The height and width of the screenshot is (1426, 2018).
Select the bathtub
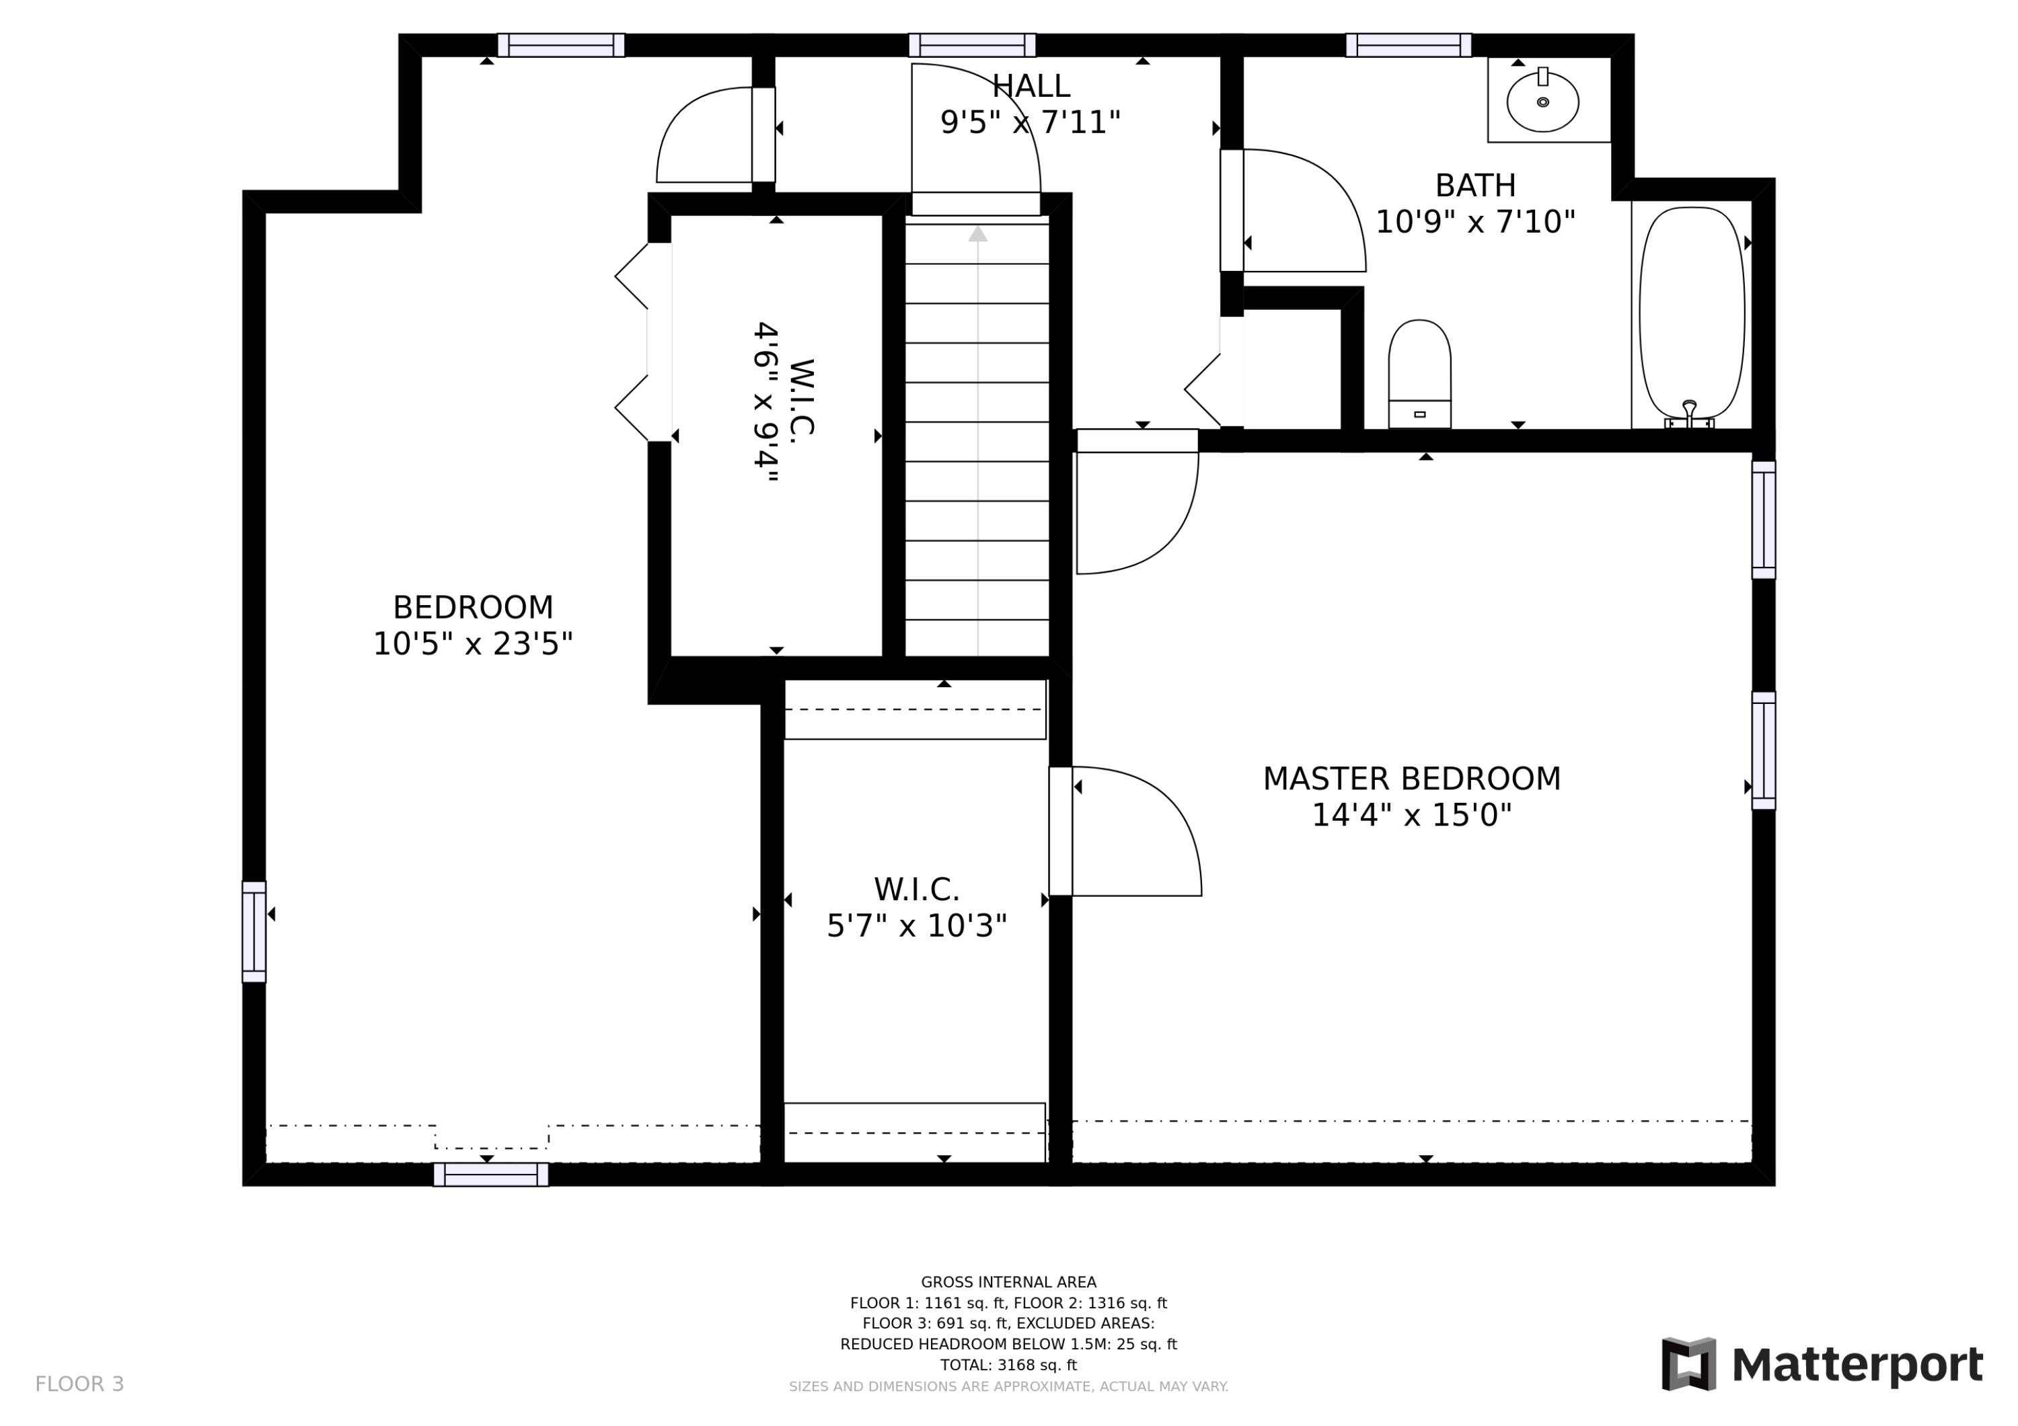pyautogui.click(x=1692, y=313)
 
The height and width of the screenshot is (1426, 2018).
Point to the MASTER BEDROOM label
pyautogui.click(x=1411, y=779)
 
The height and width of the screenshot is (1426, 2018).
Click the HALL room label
pyautogui.click(x=1031, y=86)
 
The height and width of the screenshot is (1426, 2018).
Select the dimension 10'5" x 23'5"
pyautogui.click(x=473, y=644)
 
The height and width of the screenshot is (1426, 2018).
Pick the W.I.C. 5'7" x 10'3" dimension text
pyautogui.click(x=917, y=925)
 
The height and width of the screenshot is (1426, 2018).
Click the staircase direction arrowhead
pyautogui.click(x=977, y=234)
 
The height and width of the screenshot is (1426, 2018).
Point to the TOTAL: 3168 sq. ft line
pyautogui.click(x=1008, y=1365)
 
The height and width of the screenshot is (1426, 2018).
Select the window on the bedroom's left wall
pyautogui.click(x=254, y=931)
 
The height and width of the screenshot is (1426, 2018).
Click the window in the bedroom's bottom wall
pyautogui.click(x=490, y=1174)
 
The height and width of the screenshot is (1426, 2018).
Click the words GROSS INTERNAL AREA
pyautogui.click(x=1008, y=1282)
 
